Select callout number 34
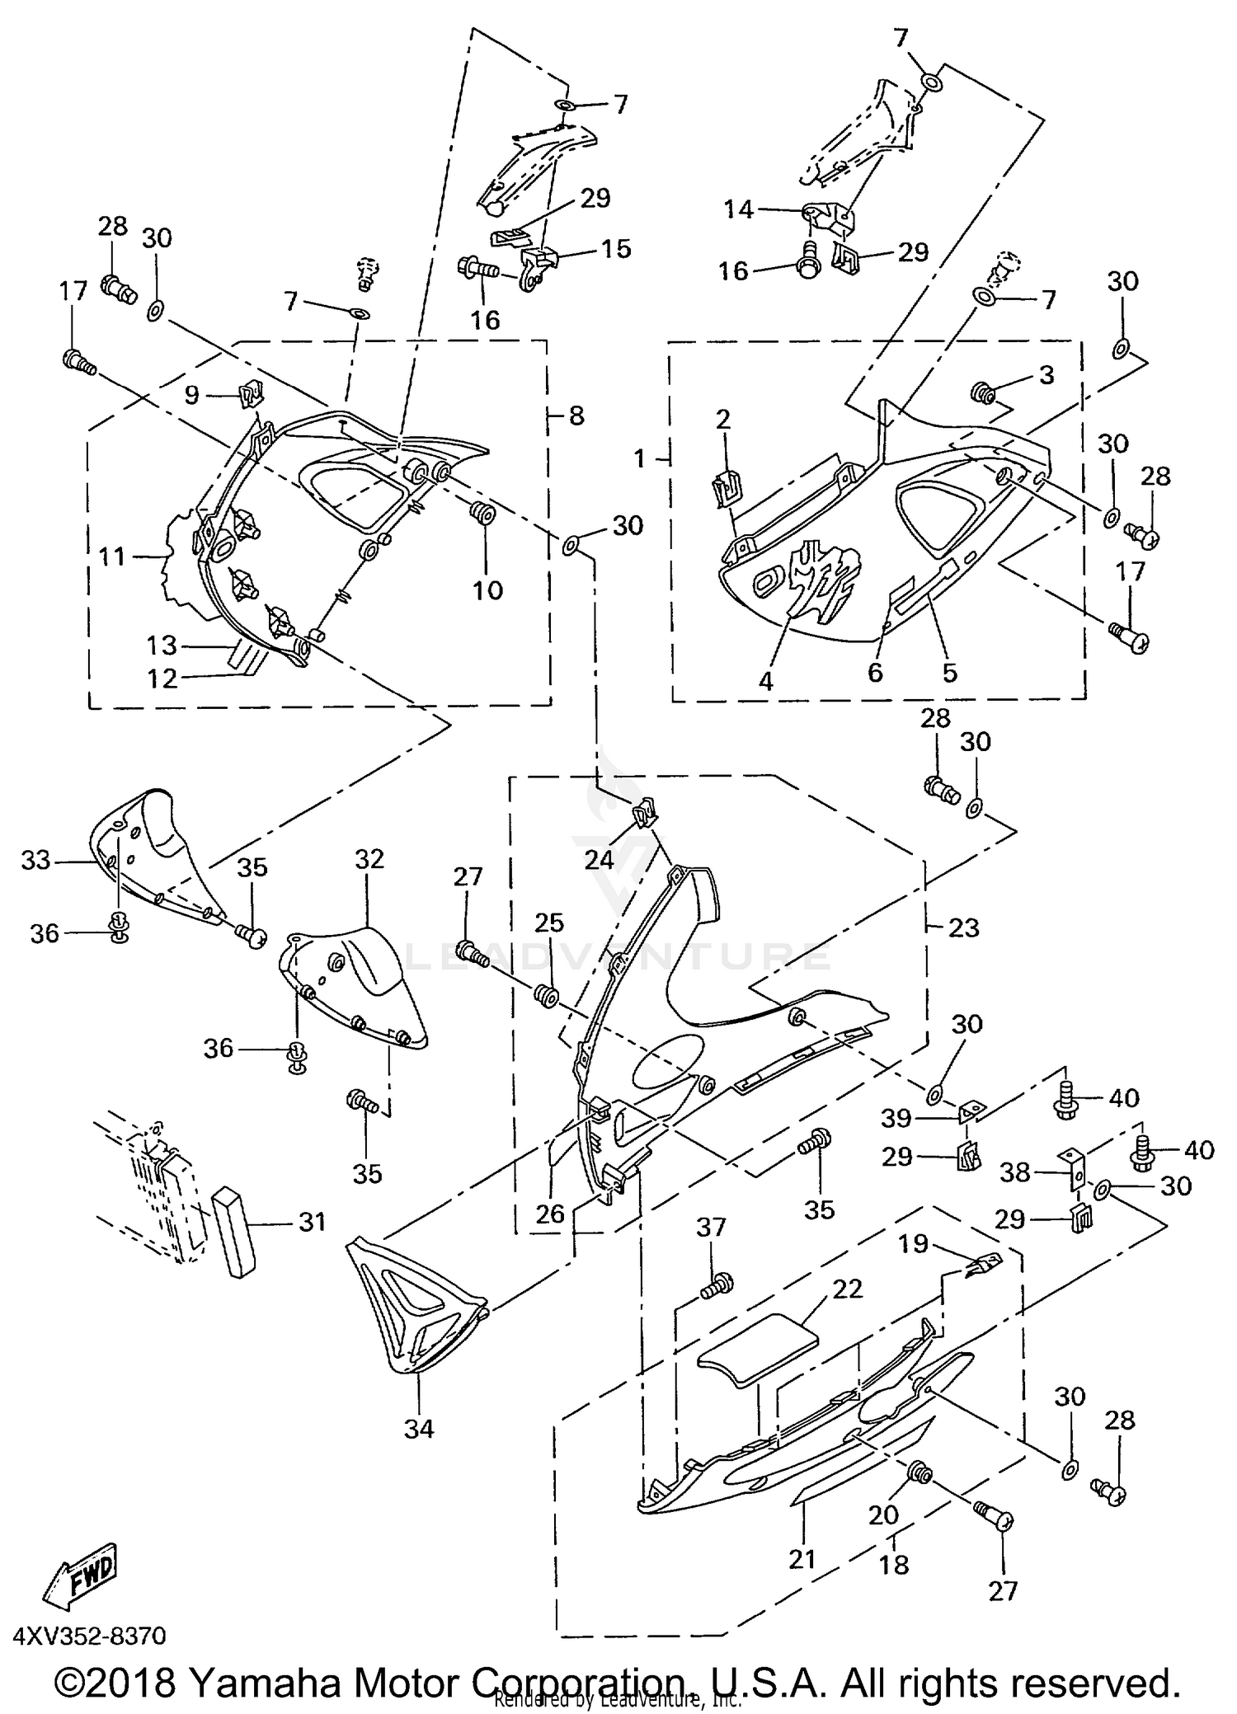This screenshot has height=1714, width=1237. click(x=419, y=1429)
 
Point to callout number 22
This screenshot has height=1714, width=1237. click(x=848, y=1289)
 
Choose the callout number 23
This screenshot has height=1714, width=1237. click(x=963, y=927)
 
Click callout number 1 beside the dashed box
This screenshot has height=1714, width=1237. click(x=640, y=458)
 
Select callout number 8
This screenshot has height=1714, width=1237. click(x=576, y=416)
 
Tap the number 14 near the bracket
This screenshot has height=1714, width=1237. click(x=738, y=210)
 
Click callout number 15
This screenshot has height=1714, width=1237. click(x=615, y=248)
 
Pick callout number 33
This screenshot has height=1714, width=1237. click(x=36, y=861)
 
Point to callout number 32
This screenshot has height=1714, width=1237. click(x=369, y=859)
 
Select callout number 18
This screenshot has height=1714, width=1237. click(x=894, y=1564)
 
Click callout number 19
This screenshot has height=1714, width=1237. click(x=913, y=1243)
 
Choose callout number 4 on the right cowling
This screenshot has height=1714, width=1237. click(x=765, y=681)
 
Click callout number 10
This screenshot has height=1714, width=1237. click(x=487, y=590)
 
